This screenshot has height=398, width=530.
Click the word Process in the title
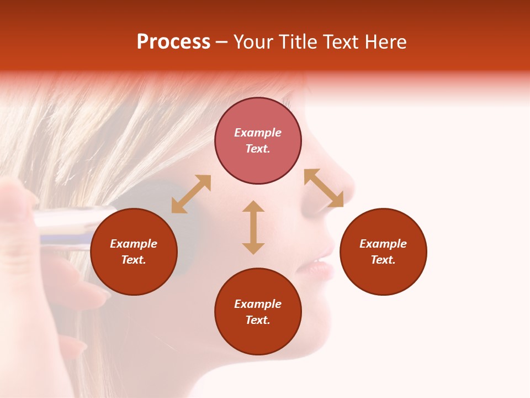173,42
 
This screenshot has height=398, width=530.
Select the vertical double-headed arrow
253,227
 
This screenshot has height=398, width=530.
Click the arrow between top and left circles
191,194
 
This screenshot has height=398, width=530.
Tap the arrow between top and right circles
324,188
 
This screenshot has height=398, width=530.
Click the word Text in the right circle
383,260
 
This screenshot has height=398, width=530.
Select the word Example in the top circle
258,133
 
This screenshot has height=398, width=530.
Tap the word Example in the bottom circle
258,304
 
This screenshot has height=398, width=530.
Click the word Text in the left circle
134,260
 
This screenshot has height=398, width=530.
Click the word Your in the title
255,42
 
